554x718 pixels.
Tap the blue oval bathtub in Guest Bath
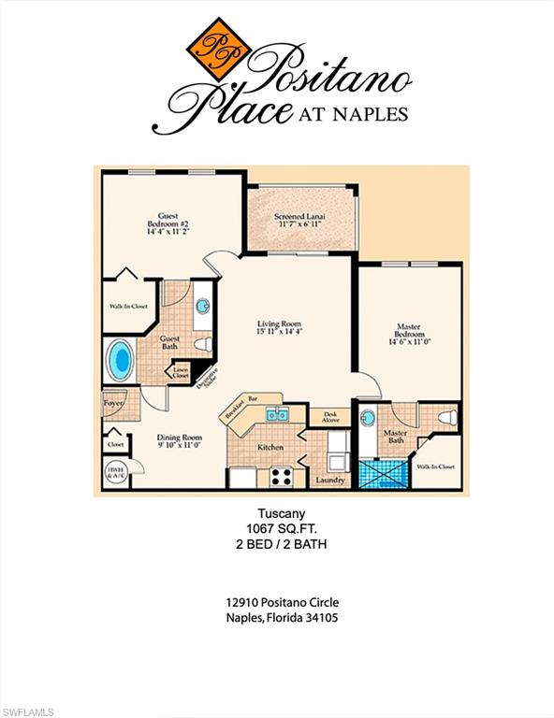120,358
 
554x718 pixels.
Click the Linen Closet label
181,371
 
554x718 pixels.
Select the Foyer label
114,404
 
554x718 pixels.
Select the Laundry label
330,481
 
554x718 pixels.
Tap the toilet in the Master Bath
447,415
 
